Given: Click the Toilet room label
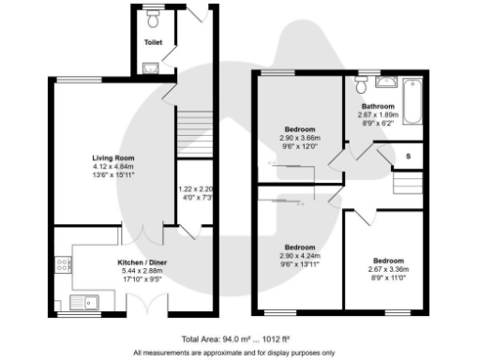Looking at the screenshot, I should click(151, 43).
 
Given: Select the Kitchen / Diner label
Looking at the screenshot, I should click(137, 263).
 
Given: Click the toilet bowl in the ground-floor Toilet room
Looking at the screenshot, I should click(152, 19).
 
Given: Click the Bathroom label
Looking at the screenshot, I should click(381, 107).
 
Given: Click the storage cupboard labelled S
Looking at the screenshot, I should click(408, 155).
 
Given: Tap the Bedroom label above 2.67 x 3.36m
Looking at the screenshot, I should click(388, 260).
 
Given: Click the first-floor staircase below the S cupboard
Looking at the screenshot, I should click(406, 182).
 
